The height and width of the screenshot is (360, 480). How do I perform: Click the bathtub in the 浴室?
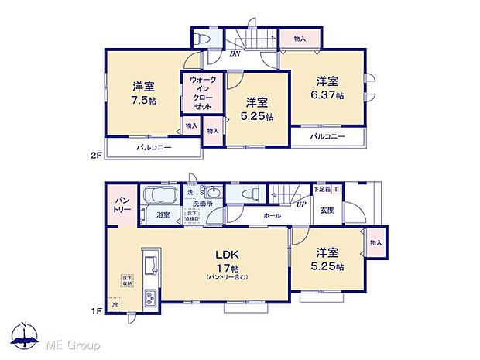[163, 195]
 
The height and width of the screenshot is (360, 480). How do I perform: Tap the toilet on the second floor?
[203, 39]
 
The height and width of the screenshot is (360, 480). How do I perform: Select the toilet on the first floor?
[249, 195]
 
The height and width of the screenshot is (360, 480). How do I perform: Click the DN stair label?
[233, 55]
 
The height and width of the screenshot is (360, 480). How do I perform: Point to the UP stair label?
[299, 204]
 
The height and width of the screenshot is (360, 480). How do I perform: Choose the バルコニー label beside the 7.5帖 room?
[155, 146]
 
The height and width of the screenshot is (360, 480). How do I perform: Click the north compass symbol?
[26, 335]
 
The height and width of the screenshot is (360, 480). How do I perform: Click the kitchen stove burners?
[149, 297]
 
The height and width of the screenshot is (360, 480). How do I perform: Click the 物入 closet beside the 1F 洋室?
[375, 242]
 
